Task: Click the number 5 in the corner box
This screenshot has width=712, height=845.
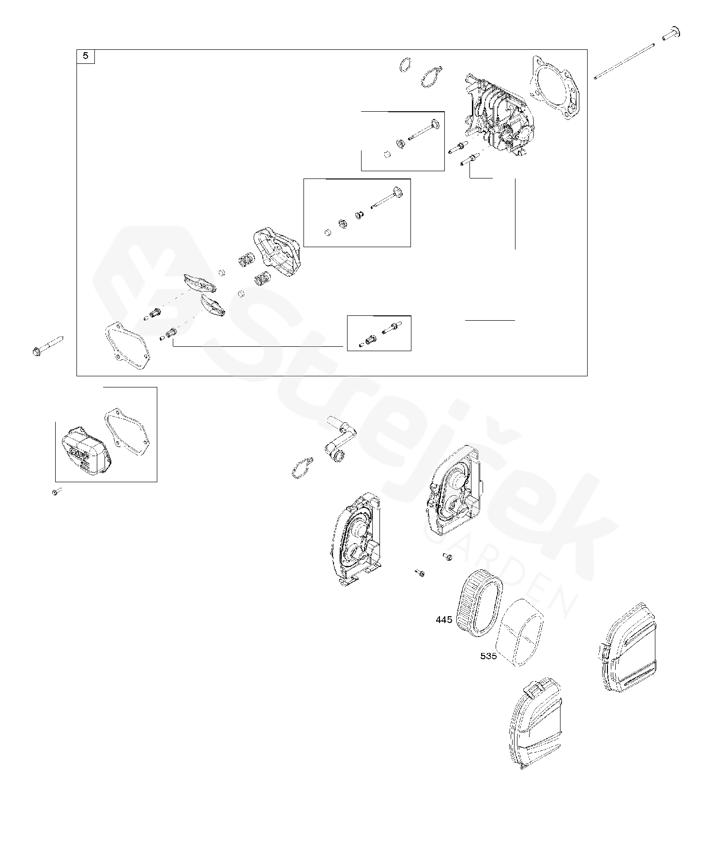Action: click(x=86, y=56)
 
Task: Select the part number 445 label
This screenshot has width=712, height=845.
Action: click(x=444, y=619)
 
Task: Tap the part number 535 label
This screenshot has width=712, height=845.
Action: click(x=488, y=656)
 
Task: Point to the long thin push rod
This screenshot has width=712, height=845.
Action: click(x=624, y=62)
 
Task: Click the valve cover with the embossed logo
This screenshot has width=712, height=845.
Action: click(x=83, y=449)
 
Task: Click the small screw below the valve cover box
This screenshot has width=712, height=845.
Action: click(x=56, y=492)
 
